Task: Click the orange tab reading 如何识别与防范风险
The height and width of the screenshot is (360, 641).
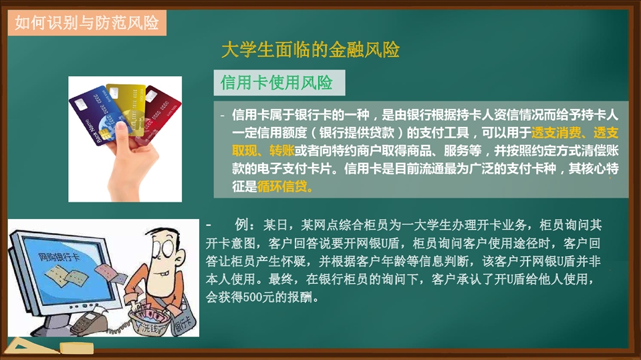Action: pyautogui.click(x=87, y=23)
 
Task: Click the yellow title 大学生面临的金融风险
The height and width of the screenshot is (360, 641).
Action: pyautogui.click(x=310, y=50)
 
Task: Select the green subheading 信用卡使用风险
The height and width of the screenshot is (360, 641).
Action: pyautogui.click(x=277, y=83)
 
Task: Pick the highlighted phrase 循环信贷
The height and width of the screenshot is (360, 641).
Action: pyautogui.click(x=282, y=187)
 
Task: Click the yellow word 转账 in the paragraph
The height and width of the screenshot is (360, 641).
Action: pyautogui.click(x=281, y=151)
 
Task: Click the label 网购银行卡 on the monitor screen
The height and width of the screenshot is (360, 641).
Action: pyautogui.click(x=58, y=256)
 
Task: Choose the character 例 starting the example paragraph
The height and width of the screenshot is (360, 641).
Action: pyautogui.click(x=241, y=225)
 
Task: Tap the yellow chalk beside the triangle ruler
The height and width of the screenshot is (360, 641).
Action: pyautogui.click(x=77, y=348)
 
